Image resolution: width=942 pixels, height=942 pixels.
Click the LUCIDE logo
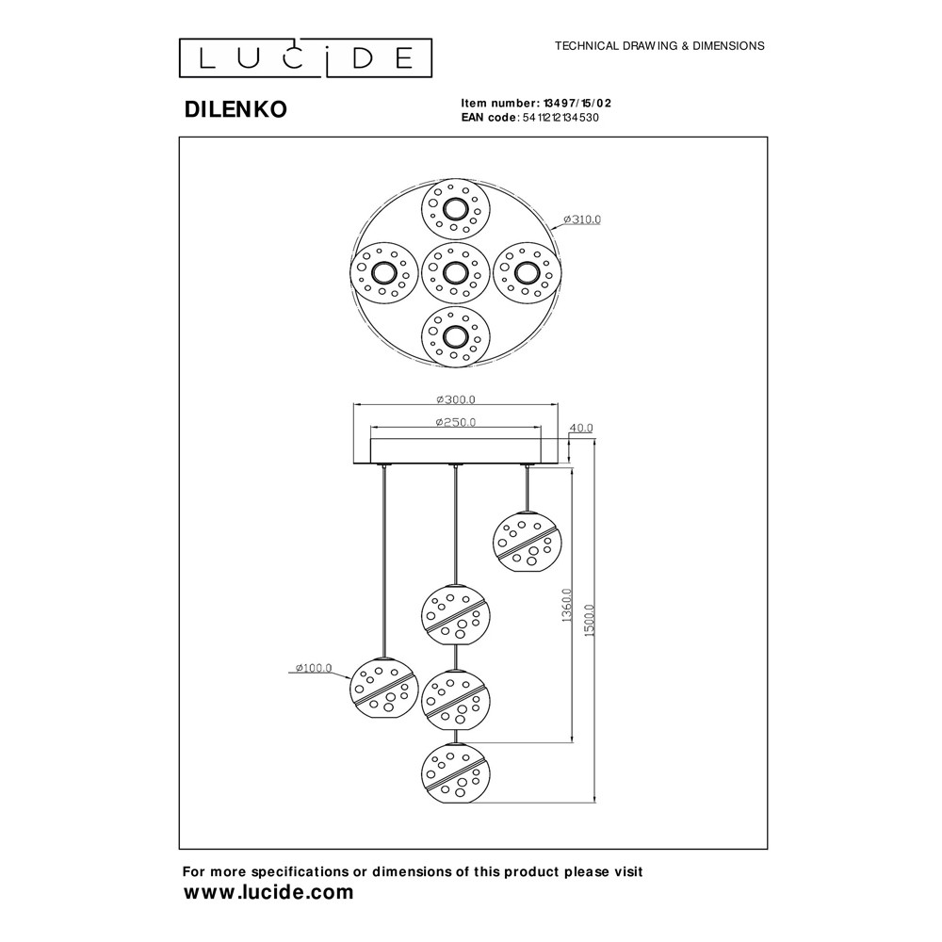coord(305,58)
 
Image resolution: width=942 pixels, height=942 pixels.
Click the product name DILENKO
coord(235,109)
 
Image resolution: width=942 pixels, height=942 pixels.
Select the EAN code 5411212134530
coord(560,118)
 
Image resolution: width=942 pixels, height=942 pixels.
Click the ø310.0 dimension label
coord(582,219)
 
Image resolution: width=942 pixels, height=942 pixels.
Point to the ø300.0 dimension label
coord(456,399)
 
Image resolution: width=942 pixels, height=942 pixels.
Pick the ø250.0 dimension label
coord(456,422)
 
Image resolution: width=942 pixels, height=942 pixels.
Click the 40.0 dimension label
coord(581,429)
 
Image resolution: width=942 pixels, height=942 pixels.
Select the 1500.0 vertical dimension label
coord(590,621)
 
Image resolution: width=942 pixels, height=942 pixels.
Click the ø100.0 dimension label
coord(314,668)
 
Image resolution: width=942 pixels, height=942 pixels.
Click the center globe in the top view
coord(455,273)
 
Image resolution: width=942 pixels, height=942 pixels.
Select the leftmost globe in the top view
coord(383,273)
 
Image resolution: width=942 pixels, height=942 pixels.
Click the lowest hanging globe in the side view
coord(455,772)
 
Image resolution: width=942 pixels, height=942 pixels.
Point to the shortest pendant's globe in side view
coord(527,542)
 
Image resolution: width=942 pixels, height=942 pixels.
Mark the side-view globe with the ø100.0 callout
coord(383,687)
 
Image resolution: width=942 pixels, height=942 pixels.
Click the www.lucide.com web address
coord(268,892)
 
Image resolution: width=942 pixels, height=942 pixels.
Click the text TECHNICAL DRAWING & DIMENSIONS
coord(659,45)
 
